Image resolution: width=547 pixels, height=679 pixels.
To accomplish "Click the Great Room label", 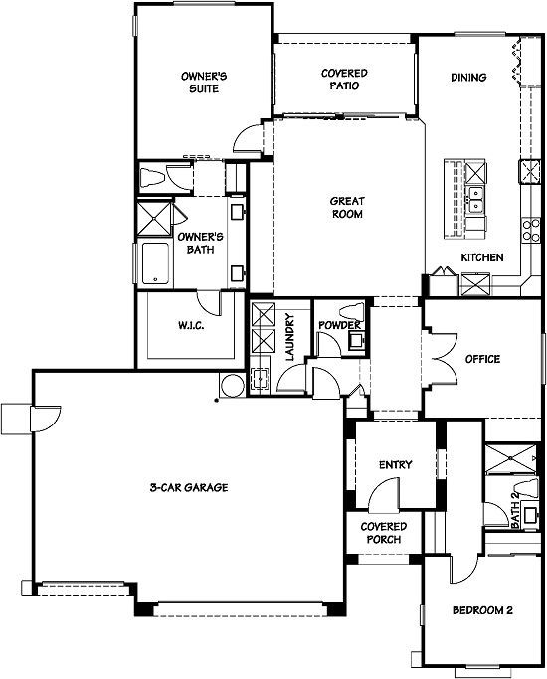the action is (347, 207).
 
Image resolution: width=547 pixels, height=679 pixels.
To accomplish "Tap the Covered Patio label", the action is (344, 80).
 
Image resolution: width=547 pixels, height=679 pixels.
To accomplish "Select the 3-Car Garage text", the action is (189, 487).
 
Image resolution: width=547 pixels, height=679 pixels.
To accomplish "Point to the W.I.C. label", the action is (191, 325).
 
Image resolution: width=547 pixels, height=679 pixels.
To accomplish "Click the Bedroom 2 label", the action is (482, 610).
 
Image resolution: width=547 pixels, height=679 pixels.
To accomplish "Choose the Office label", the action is (482, 359).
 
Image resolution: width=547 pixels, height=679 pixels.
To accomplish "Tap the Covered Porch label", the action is (384, 533).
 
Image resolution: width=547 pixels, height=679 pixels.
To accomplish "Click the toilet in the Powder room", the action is (351, 311).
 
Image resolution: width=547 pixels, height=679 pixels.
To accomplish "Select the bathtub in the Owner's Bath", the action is (155, 263).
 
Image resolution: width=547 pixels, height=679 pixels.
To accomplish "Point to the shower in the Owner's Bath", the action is (154, 219).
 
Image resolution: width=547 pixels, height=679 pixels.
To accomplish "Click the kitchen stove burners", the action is (531, 230).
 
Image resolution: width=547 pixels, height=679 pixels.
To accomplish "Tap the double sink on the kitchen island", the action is (475, 199).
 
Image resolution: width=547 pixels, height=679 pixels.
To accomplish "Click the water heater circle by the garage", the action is (232, 385).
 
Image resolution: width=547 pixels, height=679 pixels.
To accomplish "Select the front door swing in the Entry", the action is (384, 494).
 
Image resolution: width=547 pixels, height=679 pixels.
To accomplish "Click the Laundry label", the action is (289, 337).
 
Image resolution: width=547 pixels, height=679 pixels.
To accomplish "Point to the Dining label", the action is (468, 78).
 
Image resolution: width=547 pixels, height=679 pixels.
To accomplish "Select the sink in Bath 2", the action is (530, 515).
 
